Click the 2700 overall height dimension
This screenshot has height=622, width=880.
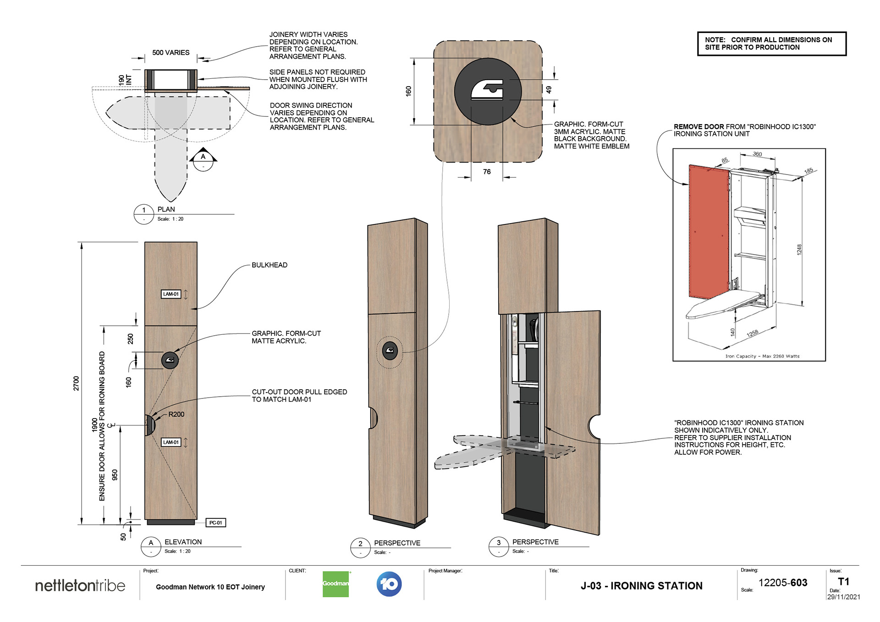pyautogui.click(x=76, y=383)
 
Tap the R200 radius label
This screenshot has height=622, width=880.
pyautogui.click(x=176, y=415)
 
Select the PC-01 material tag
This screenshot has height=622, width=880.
pyautogui.click(x=215, y=523)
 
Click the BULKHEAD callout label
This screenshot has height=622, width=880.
pyautogui.click(x=269, y=265)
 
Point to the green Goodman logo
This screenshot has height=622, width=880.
pyautogui.click(x=335, y=584)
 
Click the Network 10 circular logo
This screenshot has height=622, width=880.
pyautogui.click(x=389, y=584)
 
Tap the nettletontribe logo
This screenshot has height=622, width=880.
pyautogui.click(x=80, y=585)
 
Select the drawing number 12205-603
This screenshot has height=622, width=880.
pyautogui.click(x=783, y=583)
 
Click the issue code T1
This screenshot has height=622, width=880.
pyautogui.click(x=843, y=582)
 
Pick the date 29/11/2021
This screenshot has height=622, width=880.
pyautogui.click(x=843, y=597)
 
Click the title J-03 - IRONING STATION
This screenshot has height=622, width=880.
pyautogui.click(x=641, y=586)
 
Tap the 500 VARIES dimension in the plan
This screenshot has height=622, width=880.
pyautogui.click(x=171, y=53)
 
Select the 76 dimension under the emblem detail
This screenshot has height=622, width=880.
pyautogui.click(x=487, y=172)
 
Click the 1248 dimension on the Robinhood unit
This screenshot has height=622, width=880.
pyautogui.click(x=799, y=250)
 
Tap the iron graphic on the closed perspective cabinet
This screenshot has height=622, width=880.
pyautogui.click(x=390, y=351)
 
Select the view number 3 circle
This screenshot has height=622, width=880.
pyautogui.click(x=499, y=543)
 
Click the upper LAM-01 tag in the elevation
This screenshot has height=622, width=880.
pyautogui.click(x=171, y=294)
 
